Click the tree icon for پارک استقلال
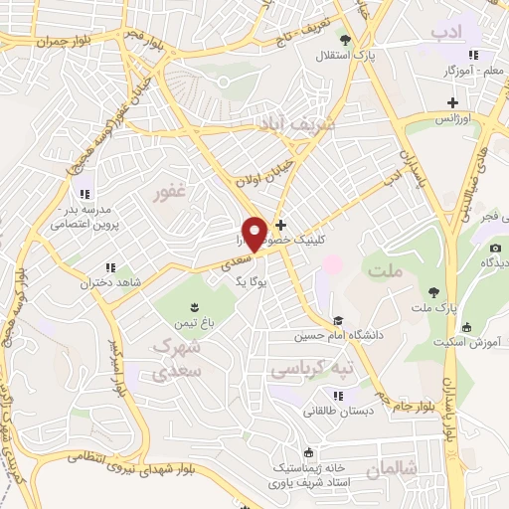pos(345,40)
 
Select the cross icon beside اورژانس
pos(452,102)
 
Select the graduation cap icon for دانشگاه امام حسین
pos(338,321)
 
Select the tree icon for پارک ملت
pos(433,292)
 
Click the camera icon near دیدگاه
pos(494,247)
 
